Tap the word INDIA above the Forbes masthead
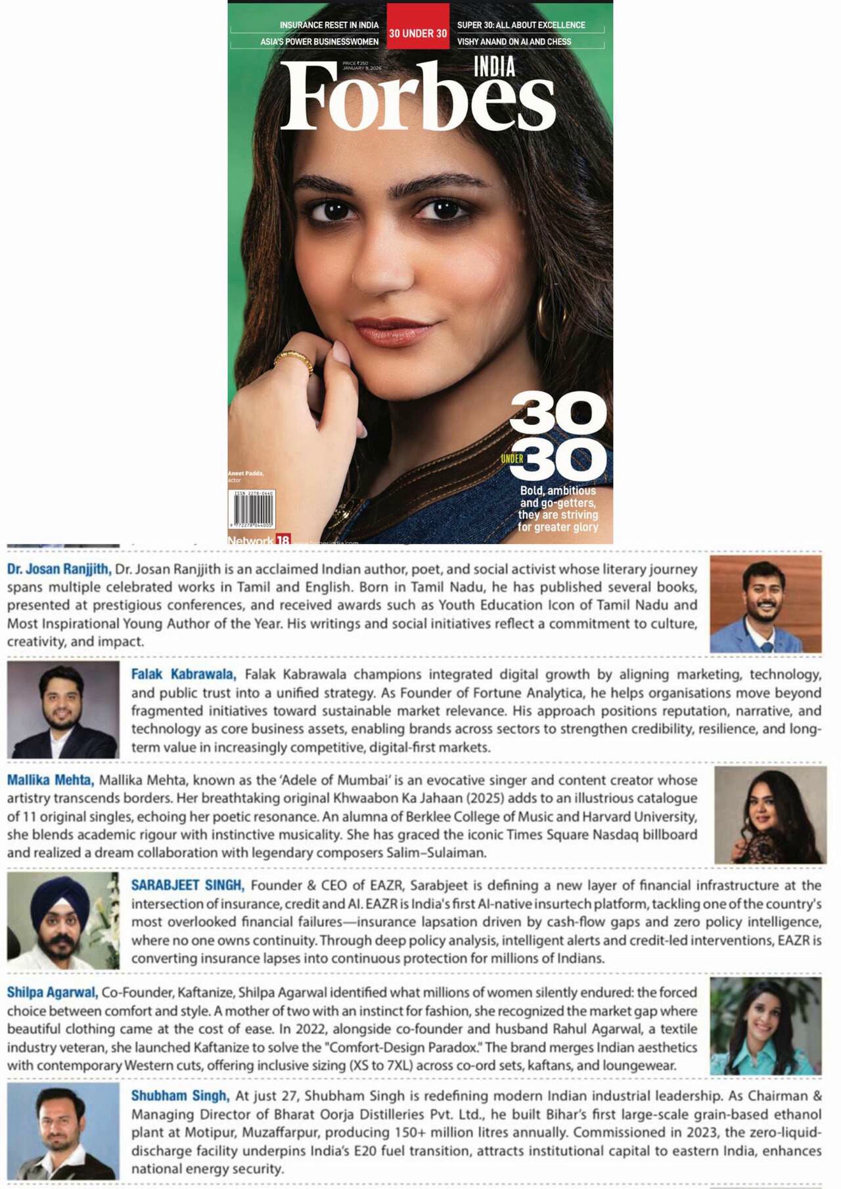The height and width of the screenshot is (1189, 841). coord(494,67)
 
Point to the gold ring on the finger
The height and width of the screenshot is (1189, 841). coord(294,361)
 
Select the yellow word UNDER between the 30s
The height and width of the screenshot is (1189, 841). coord(512,459)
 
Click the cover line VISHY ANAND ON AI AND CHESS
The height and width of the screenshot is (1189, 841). coord(514,41)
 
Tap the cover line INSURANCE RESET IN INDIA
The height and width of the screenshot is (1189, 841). coord(329,25)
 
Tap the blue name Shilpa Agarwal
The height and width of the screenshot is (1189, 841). coord(53,992)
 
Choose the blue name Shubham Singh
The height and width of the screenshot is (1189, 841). coord(180,1096)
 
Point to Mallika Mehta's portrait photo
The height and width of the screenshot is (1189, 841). coord(770,815)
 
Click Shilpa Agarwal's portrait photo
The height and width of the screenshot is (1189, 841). coord(765,1025)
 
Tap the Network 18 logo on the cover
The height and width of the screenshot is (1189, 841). coord(259,540)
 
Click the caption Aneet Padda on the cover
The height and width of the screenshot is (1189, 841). coord(245,473)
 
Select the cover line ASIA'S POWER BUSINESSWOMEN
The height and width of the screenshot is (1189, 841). coord(319,41)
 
